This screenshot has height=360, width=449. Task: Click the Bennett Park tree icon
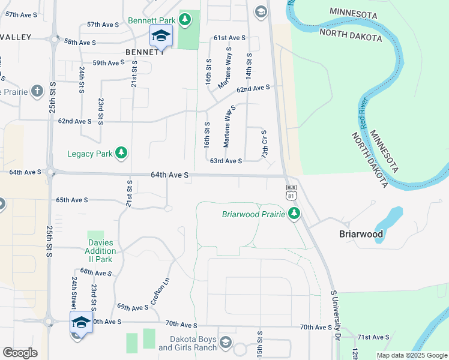click(x=185, y=19)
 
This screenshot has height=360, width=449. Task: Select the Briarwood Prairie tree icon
click(x=294, y=214)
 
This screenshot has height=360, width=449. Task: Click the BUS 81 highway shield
click(x=291, y=192)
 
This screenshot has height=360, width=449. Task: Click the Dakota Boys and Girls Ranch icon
click(x=226, y=342)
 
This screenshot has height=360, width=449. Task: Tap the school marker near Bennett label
click(x=160, y=37)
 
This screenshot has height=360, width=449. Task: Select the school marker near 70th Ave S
click(x=81, y=323)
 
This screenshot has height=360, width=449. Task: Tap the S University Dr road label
click(x=336, y=315)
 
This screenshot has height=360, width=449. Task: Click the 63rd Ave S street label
click(x=226, y=161)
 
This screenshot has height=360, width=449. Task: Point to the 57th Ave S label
click(x=103, y=25)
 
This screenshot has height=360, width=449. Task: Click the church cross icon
click(x=37, y=91)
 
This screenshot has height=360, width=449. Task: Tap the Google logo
click(x=20, y=353)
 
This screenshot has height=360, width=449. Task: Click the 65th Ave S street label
click(x=72, y=200)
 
